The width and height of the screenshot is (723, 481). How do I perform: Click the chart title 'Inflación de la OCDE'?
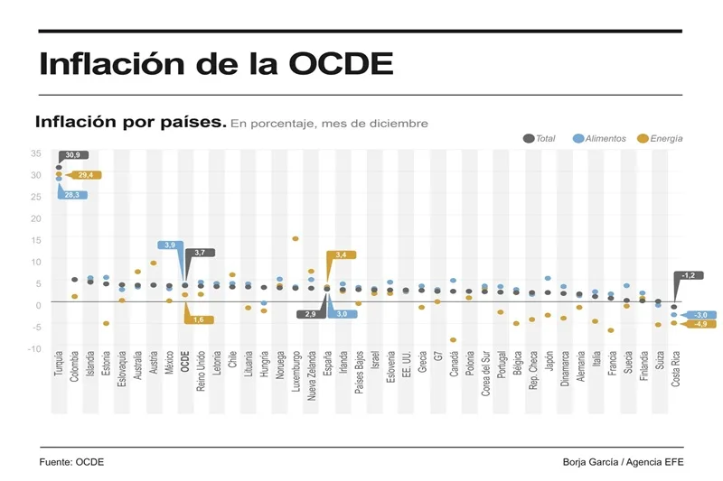pyautogui.click(x=217, y=64)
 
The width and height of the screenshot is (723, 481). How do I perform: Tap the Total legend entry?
pyautogui.click(x=540, y=138)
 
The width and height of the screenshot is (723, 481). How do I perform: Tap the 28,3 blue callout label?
pyautogui.click(x=72, y=195)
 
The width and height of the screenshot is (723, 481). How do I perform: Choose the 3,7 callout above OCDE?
pyautogui.click(x=200, y=253)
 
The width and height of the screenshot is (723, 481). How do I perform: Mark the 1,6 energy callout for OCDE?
pyautogui.click(x=199, y=319)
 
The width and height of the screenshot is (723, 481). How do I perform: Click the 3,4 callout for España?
pyautogui.click(x=341, y=255)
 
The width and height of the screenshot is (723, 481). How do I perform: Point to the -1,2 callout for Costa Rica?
pyautogui.click(x=688, y=275)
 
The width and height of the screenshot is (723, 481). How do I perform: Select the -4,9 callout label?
pyautogui.click(x=700, y=323)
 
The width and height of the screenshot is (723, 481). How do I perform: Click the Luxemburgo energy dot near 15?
pyautogui.click(x=296, y=239)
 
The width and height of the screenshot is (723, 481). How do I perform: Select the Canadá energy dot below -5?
pyautogui.click(x=453, y=340)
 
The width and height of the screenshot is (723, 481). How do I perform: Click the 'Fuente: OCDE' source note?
pyautogui.click(x=71, y=462)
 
